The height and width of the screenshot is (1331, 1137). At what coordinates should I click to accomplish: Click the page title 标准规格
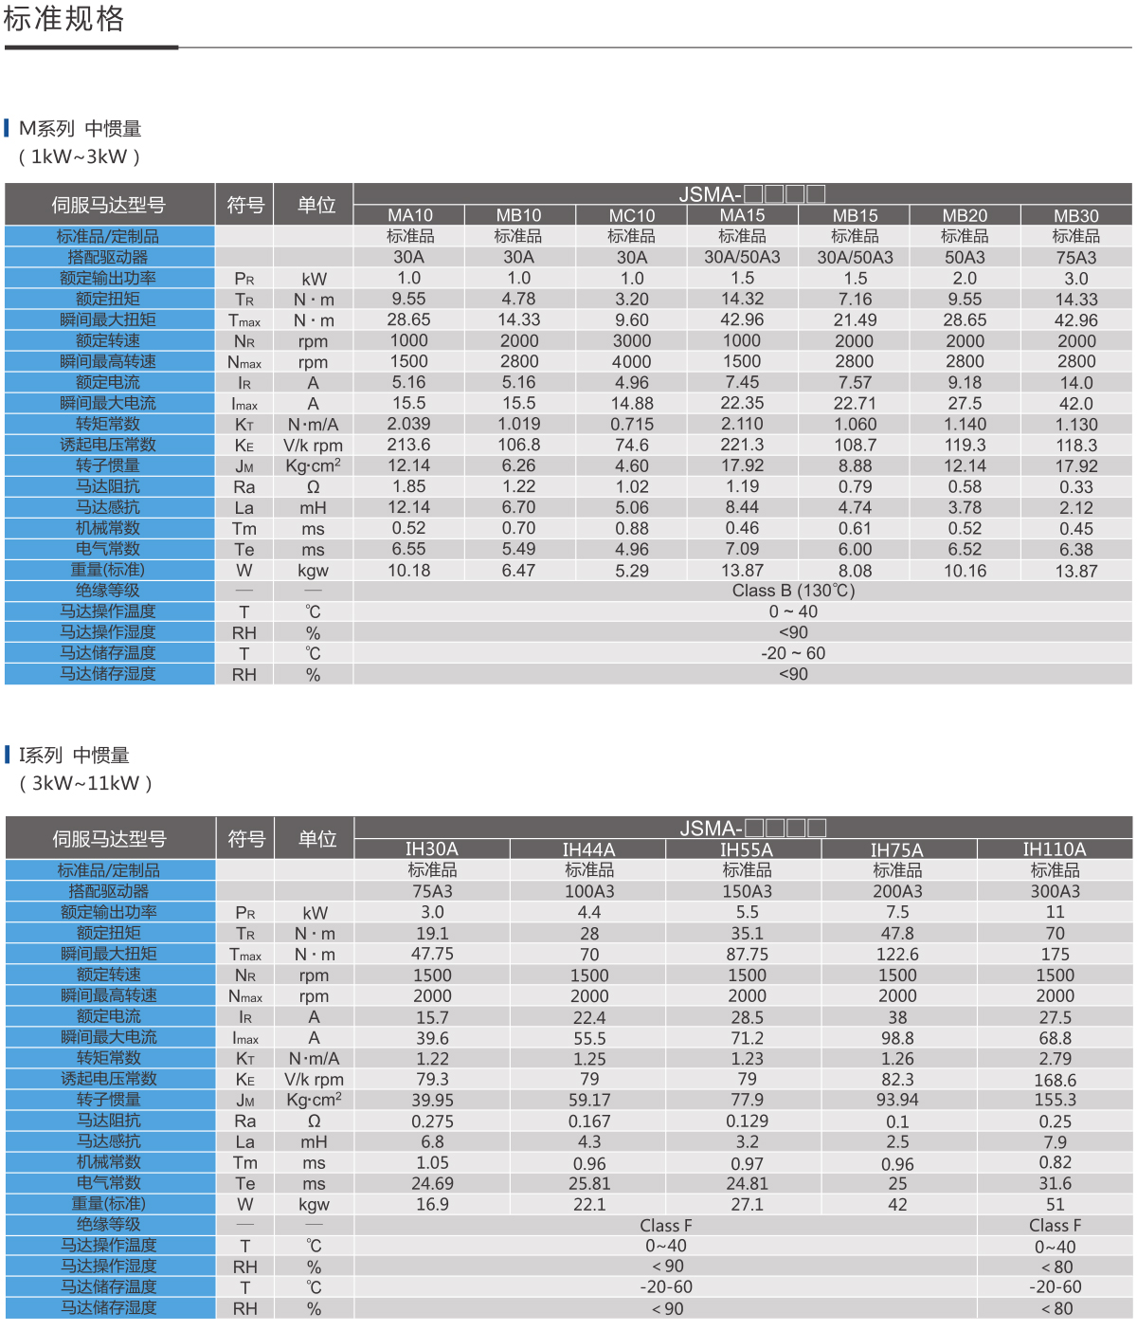(x=63, y=19)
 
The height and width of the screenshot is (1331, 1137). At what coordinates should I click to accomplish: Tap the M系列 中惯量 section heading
(x=81, y=129)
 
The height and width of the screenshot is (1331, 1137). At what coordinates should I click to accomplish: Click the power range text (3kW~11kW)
(x=85, y=784)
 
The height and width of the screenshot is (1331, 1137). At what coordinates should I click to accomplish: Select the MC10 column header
(x=632, y=216)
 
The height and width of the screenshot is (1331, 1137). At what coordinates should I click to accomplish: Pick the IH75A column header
(x=896, y=850)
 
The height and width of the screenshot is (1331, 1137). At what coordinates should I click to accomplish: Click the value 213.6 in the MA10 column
(x=409, y=445)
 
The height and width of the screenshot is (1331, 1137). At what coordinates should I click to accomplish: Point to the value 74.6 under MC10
(x=632, y=445)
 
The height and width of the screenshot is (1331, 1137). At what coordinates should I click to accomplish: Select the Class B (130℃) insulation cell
(x=793, y=591)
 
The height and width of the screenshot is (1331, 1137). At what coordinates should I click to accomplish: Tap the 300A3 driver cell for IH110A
(x=1055, y=891)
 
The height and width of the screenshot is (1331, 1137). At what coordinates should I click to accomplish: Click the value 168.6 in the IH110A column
(x=1055, y=1080)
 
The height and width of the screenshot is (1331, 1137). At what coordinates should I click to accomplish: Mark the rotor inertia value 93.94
(x=897, y=1100)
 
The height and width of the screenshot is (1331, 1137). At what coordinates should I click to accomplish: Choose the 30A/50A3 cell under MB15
(x=855, y=258)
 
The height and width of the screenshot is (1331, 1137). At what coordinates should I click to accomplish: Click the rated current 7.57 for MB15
(x=855, y=383)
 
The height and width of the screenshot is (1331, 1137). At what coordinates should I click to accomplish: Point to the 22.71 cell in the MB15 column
(x=855, y=404)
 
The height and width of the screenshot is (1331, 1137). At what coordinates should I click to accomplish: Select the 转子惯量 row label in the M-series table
(x=108, y=465)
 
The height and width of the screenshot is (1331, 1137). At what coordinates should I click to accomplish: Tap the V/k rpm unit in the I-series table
(x=314, y=1080)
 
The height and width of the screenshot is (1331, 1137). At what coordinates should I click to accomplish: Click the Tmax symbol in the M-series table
(x=244, y=320)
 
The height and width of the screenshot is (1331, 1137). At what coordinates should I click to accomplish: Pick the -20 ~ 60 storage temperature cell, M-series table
(x=793, y=653)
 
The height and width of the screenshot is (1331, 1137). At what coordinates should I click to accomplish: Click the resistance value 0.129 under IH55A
(x=747, y=1121)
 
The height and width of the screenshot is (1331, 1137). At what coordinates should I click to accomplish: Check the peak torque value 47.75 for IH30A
(x=432, y=954)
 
